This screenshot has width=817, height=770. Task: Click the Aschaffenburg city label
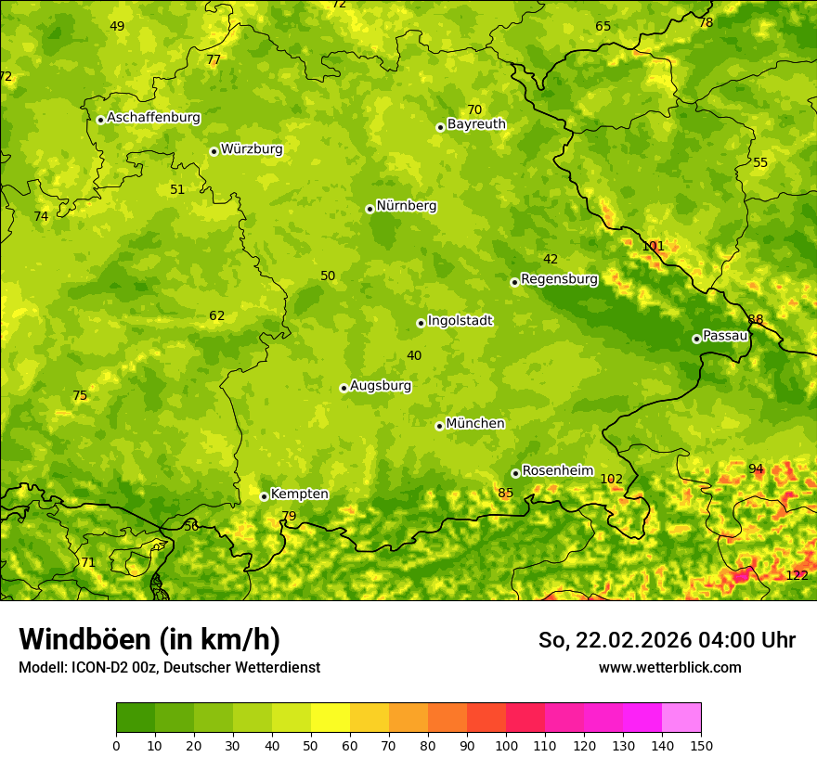coord(153,118)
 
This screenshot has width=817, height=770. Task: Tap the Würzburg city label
coord(252,149)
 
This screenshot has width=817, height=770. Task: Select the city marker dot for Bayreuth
coord(440,127)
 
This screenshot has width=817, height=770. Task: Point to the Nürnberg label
coord(406,206)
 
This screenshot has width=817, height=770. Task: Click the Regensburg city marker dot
coord(514,282)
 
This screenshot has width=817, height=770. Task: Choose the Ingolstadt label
coord(460,321)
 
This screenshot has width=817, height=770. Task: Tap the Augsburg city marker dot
coord(344,388)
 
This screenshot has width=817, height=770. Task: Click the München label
coord(475,424)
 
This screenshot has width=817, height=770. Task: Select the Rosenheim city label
coord(557,471)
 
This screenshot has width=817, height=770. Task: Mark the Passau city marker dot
coord(696,339)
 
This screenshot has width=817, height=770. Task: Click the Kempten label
coord(299,494)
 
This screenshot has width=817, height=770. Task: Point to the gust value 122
coord(797,575)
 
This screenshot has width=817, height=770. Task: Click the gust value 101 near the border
coord(654,247)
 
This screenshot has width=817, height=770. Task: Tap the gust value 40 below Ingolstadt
coord(414,355)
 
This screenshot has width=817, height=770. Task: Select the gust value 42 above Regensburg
coord(551,260)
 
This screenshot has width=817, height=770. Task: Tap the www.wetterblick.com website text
coord(669,668)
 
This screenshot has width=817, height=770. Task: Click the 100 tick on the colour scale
coord(506,745)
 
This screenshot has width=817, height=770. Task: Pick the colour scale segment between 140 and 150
coord(681,718)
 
